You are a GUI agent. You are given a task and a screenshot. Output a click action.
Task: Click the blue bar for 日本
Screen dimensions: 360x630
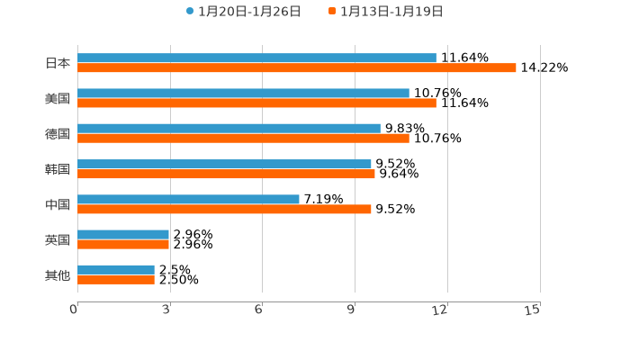click(256, 58)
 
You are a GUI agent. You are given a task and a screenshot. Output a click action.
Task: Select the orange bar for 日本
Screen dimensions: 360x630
click(297, 68)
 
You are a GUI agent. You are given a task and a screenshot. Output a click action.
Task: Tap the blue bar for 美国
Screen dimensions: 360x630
click(243, 93)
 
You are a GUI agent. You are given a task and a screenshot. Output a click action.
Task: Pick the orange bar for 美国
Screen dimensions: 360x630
click(256, 103)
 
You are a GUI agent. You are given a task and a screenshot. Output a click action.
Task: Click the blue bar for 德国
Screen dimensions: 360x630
click(229, 129)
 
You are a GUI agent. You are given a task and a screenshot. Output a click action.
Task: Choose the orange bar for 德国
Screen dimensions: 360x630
click(243, 139)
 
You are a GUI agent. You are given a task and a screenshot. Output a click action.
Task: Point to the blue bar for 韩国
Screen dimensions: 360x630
click(224, 164)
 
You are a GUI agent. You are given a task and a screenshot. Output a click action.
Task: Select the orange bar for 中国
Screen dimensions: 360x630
click(224, 209)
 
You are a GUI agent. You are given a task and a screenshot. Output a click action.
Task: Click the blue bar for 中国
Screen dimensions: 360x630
click(188, 199)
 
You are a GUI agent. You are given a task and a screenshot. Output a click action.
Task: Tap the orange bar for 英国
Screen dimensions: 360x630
click(123, 244)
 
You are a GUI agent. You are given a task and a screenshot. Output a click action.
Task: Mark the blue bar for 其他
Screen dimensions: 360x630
click(116, 269)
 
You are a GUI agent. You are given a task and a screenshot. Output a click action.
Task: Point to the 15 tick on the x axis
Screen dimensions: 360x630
click(533, 310)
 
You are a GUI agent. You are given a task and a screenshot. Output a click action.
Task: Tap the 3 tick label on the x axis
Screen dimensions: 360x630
click(166, 310)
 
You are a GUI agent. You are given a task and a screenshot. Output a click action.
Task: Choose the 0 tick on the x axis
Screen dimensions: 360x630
click(74, 310)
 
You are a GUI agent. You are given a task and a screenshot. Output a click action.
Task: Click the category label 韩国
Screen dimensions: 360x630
click(58, 169)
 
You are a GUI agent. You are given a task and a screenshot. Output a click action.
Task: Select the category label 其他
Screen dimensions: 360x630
click(58, 274)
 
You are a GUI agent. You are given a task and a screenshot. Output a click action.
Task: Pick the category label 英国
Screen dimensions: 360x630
click(58, 239)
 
